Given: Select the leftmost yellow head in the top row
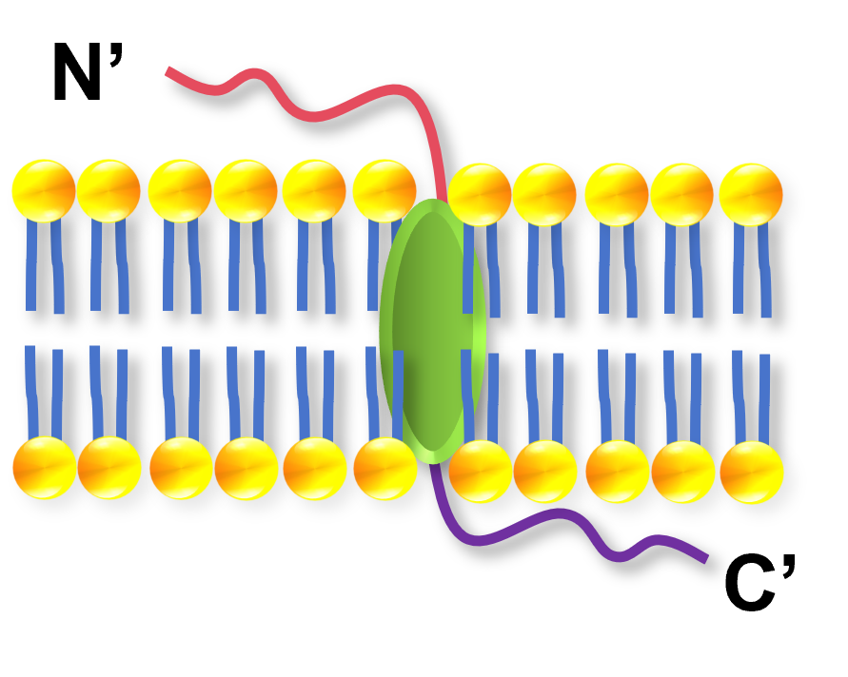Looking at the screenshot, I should point(44,191).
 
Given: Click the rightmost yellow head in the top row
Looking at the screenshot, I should point(751,195).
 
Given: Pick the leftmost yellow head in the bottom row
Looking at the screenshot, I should point(45,468).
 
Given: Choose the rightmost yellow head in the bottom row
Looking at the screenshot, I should point(752,473).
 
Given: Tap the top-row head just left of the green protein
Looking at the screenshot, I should point(385,191).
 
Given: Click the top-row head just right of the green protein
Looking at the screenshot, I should point(480,195).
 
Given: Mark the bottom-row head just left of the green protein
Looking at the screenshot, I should point(385,469).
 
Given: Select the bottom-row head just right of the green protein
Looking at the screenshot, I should point(481,472).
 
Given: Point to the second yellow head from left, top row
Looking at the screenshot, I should point(108,191).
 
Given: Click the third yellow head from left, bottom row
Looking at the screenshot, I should point(181,469).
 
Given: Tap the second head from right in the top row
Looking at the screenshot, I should point(681,195).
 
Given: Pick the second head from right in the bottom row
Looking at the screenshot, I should point(683,473).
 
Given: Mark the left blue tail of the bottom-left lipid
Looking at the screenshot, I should point(31,390).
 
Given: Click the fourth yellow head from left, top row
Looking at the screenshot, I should point(246,191).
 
